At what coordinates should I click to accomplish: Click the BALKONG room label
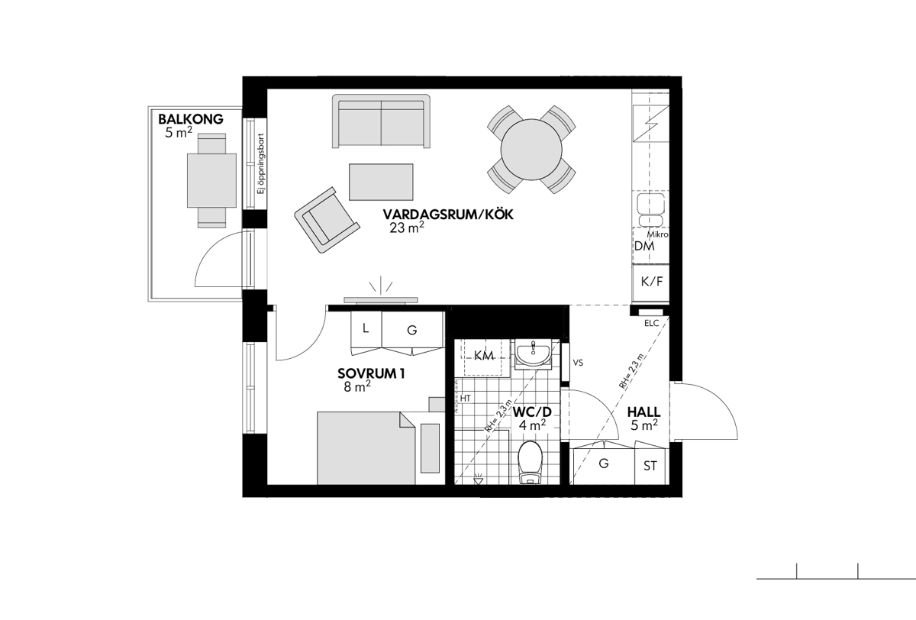click(191, 119)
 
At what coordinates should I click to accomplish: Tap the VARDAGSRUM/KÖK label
click(448, 215)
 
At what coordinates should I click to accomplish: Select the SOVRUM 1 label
click(371, 373)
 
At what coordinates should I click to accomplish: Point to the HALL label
click(644, 412)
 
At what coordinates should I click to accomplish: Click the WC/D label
click(532, 412)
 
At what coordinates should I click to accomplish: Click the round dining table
click(531, 150)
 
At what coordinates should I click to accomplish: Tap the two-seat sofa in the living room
click(381, 121)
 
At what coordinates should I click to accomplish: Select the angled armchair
click(327, 220)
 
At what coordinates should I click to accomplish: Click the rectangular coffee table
click(381, 182)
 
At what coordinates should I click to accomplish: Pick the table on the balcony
click(211, 180)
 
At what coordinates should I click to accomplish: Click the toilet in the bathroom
click(530, 462)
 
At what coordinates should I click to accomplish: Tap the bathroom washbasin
click(533, 354)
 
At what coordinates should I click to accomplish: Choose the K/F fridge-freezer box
click(651, 283)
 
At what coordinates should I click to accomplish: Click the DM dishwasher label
click(644, 246)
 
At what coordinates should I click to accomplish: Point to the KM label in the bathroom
click(484, 356)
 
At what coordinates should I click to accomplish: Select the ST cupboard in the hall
click(650, 466)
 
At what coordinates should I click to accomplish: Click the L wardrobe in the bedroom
click(366, 330)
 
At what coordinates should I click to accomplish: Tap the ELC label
click(651, 323)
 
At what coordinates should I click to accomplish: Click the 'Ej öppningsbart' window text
click(261, 163)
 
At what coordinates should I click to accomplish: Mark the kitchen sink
click(651, 209)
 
